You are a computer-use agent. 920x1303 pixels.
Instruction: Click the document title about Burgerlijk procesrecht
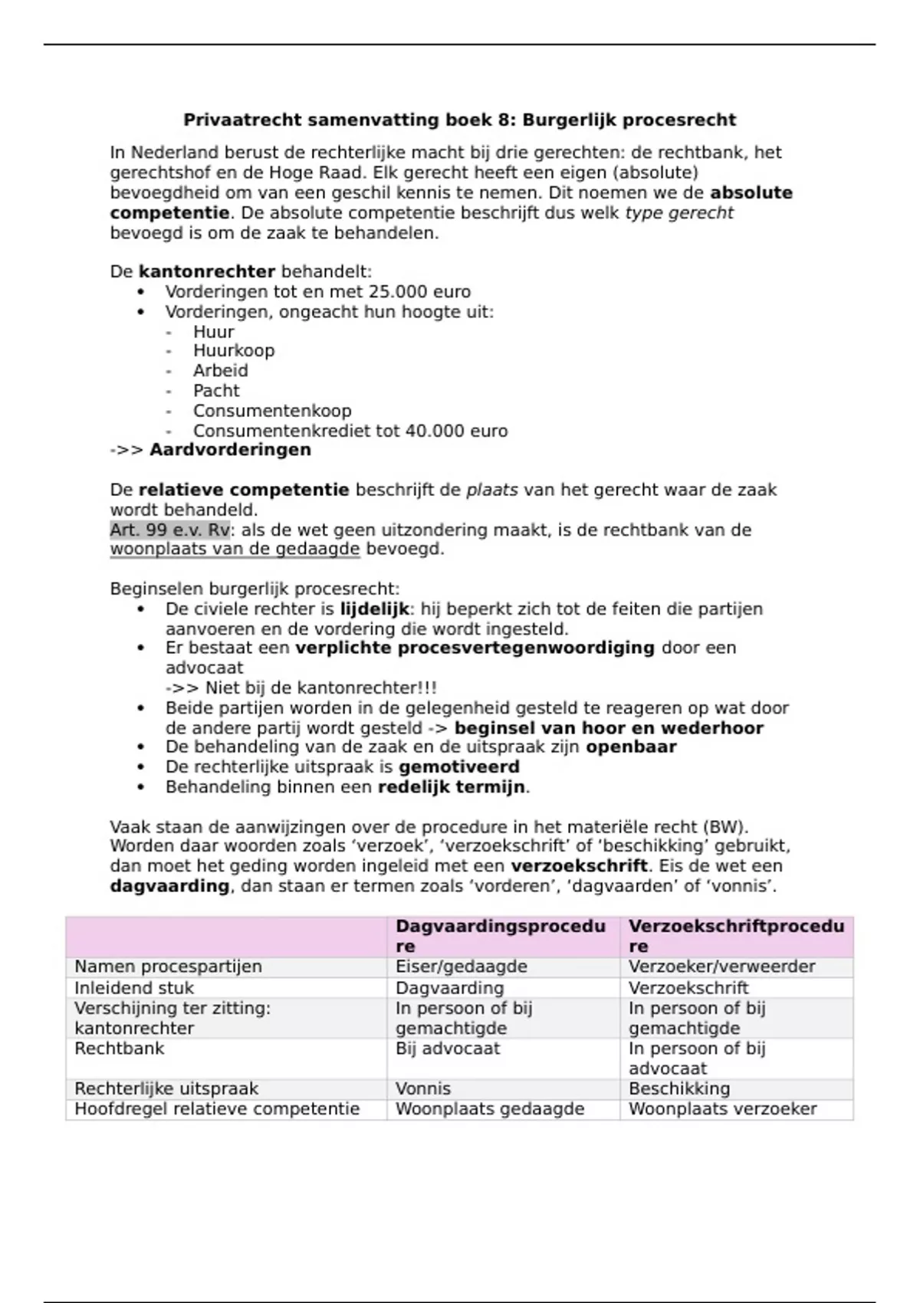(459, 120)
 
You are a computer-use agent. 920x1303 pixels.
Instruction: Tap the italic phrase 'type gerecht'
(679, 213)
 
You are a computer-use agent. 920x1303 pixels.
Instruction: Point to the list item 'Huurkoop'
(233, 351)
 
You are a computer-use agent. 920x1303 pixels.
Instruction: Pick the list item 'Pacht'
(216, 391)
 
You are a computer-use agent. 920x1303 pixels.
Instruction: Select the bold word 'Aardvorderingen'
(230, 450)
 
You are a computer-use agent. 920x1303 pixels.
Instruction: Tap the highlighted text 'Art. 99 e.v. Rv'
(169, 530)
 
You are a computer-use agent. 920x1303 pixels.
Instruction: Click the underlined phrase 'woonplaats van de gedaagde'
(235, 550)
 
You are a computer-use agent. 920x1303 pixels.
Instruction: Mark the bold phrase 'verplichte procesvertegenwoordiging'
(475, 648)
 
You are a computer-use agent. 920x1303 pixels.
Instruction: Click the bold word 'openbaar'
(631, 747)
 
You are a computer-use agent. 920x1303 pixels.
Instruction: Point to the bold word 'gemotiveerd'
(458, 767)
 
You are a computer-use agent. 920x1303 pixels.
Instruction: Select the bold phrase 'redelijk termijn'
(451, 787)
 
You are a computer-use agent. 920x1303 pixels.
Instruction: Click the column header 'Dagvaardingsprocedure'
(500, 936)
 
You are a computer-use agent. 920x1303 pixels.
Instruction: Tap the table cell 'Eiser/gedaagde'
(461, 967)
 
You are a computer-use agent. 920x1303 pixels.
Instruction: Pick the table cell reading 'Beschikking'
(679, 1089)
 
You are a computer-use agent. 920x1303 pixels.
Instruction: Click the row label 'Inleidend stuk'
(133, 989)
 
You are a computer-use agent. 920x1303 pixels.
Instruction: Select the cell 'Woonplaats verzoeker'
(722, 1109)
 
